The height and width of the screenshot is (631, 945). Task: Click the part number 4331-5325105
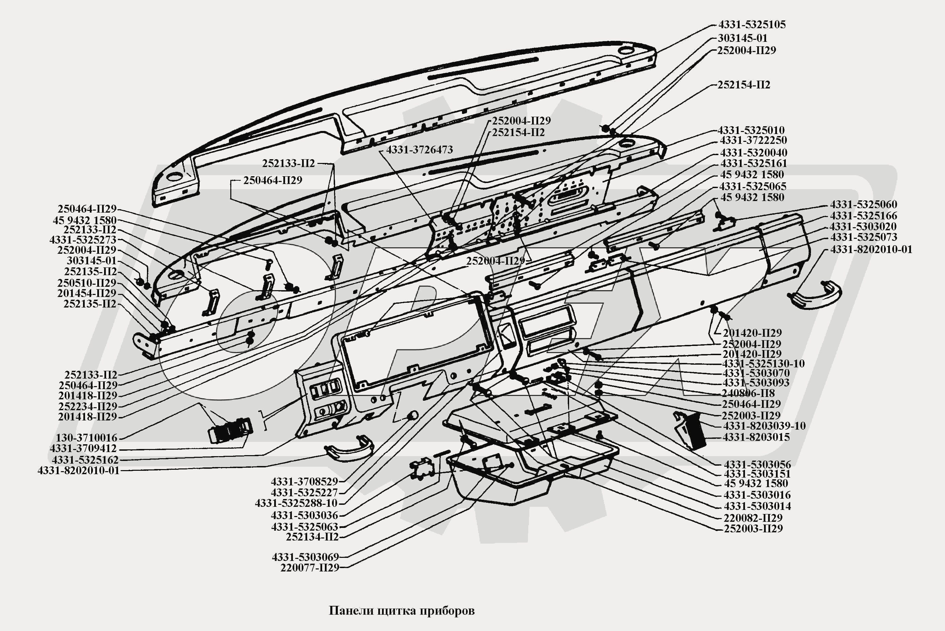coord(752,24)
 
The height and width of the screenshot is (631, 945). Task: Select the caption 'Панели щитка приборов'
coord(402,611)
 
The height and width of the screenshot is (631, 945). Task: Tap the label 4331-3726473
coord(419,150)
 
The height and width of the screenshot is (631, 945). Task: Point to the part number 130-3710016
coord(86,437)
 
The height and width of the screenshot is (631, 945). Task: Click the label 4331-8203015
coord(756,437)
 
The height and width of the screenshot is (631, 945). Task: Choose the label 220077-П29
coord(310,568)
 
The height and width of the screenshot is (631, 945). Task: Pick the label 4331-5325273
coord(83,240)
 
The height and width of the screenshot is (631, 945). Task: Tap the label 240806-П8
coord(748,393)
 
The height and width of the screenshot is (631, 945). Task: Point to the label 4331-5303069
coord(305,557)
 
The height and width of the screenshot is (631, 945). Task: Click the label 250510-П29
coord(87,282)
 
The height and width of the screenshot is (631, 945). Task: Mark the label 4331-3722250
coord(753,140)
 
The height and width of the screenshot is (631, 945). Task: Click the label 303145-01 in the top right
coord(743,38)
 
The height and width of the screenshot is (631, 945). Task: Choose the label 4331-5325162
coord(85,460)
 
